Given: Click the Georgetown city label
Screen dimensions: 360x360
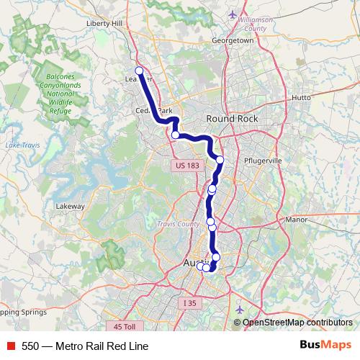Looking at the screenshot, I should (x=232, y=41).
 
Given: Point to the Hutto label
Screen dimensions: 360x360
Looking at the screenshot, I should (x=302, y=96).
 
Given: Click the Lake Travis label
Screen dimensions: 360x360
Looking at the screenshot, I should (x=21, y=146).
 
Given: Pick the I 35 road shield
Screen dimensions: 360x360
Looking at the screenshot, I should (x=189, y=303).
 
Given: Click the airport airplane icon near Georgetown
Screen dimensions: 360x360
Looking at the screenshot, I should (x=232, y=14).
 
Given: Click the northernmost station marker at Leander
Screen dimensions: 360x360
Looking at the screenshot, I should (x=140, y=71).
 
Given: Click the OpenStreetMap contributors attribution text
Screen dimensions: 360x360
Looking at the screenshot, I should (x=297, y=323).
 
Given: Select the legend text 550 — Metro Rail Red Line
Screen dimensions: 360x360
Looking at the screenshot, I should (x=85, y=346).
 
